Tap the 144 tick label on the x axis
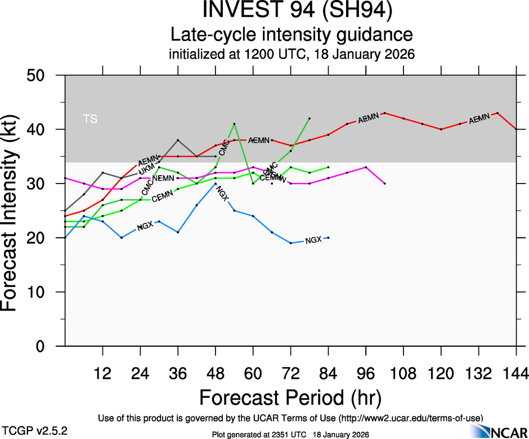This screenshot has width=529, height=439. [x=516, y=374]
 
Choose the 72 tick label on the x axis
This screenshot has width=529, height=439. [x=290, y=374]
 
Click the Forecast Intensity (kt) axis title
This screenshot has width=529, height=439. [x=15, y=210]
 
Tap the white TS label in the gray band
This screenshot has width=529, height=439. [x=90, y=119]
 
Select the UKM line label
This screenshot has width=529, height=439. [x=146, y=168]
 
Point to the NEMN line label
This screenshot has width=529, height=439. [x=163, y=178]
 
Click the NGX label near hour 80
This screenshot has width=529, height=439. [x=313, y=240]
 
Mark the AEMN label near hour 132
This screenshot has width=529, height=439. [x=479, y=118]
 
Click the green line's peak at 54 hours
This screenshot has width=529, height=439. [x=234, y=124]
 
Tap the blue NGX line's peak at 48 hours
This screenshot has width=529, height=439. [x=216, y=184]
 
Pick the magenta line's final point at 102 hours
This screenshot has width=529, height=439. [x=384, y=183]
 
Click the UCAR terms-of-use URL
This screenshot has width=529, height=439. [x=410, y=418]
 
